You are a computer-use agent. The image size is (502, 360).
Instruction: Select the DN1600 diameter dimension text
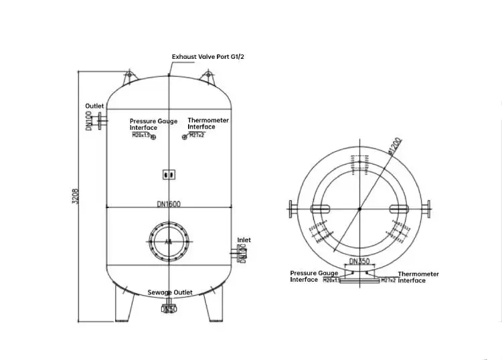(x=169, y=203)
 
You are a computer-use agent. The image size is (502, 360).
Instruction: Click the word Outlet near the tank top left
(x=95, y=106)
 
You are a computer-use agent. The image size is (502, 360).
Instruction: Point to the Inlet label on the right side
(x=244, y=240)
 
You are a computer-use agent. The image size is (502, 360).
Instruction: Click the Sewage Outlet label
(x=170, y=292)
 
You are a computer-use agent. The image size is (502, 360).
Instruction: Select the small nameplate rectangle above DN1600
(x=169, y=174)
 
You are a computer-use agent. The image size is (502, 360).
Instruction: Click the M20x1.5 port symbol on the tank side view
(x=153, y=137)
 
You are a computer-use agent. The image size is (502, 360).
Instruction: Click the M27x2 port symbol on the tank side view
(x=185, y=137)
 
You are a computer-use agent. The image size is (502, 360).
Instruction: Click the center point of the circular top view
(x=359, y=209)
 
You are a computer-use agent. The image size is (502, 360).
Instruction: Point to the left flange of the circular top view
(x=294, y=209)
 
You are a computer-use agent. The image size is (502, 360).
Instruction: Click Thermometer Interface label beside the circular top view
(x=418, y=277)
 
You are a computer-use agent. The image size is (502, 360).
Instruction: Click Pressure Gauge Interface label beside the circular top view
(x=314, y=276)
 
